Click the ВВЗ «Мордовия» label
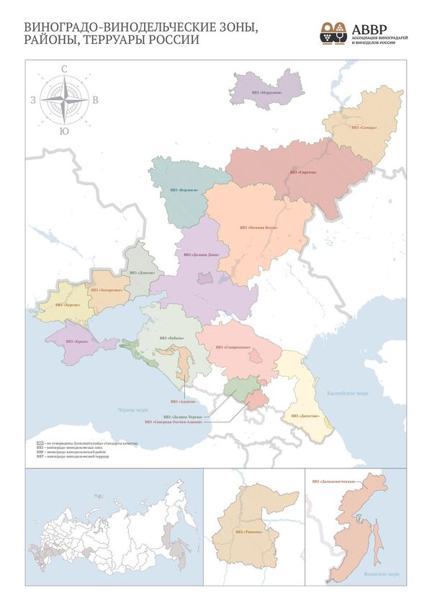tap(267, 93)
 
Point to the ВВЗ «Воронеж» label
tap(183, 190)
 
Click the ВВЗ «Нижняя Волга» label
tap(258, 227)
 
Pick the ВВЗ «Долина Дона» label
tap(201, 254)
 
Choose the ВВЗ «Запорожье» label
tap(104, 289)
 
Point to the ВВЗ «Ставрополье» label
tap(233, 347)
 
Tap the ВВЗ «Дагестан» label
tap(305, 416)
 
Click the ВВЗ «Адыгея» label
tap(183, 400)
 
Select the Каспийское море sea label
tap(353, 393)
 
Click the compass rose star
tap(65, 100)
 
